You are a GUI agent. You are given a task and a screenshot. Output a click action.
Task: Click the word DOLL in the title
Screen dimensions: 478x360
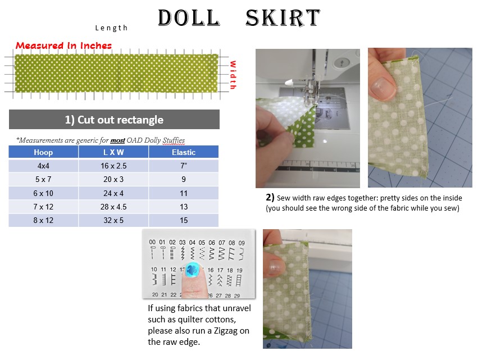(189, 17)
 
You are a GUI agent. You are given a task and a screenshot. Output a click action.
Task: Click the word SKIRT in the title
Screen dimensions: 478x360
(283, 17)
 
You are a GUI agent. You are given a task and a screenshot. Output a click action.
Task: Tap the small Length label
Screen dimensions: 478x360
(111, 28)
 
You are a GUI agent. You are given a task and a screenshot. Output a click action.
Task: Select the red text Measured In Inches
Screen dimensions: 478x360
(63, 45)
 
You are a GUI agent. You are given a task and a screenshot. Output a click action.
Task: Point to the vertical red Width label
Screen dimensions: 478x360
(233, 75)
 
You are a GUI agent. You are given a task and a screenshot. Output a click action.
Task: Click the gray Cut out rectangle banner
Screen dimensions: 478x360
(114, 120)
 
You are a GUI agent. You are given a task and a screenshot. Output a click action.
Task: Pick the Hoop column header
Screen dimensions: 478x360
(43, 152)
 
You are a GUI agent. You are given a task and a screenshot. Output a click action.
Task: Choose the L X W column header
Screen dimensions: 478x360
(113, 152)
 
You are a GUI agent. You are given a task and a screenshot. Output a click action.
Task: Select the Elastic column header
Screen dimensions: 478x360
(184, 152)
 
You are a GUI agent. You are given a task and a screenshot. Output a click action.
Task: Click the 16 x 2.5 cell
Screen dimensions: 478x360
(113, 166)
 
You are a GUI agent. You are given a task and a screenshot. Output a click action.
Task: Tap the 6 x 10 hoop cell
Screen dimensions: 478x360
(43, 193)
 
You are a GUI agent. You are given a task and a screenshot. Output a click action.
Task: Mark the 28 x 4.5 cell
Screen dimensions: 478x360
(113, 207)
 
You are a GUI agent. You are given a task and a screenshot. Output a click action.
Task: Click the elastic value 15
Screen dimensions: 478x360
(184, 220)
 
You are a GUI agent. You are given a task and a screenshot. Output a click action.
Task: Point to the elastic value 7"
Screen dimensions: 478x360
(184, 166)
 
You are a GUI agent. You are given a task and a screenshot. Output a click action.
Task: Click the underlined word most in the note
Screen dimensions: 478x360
(117, 140)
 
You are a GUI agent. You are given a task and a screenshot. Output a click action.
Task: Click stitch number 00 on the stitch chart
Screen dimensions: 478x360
(152, 242)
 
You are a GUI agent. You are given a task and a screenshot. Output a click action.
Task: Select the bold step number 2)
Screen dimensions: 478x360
(270, 198)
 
